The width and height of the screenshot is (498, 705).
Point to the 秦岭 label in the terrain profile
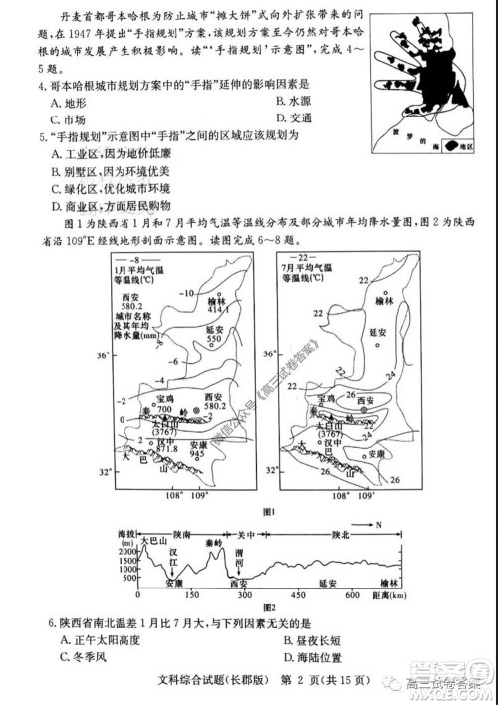[215, 545]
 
